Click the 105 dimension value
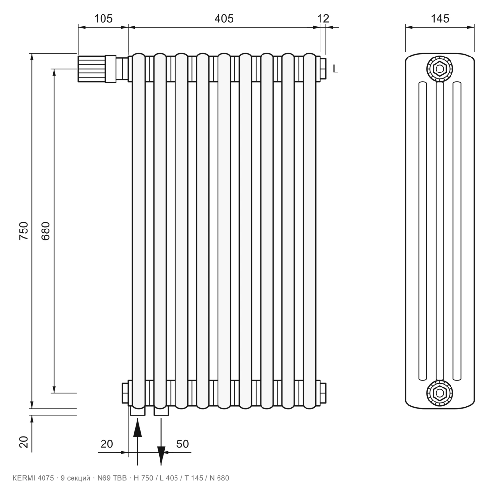(x=103, y=19)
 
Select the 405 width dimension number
(x=224, y=19)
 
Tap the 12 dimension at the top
(x=323, y=19)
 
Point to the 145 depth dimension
(x=440, y=19)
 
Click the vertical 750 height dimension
(x=24, y=230)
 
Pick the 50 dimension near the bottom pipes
(x=182, y=444)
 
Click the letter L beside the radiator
(x=335, y=69)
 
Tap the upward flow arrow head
(x=137, y=428)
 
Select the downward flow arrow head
(x=161, y=456)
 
